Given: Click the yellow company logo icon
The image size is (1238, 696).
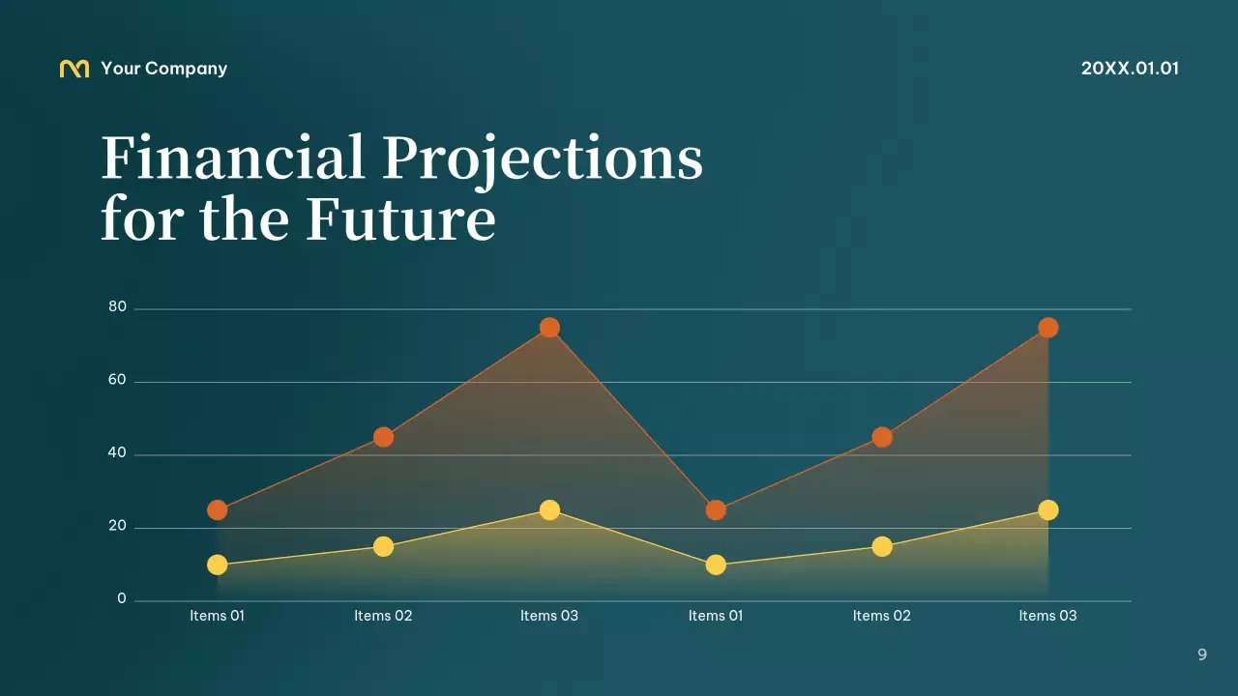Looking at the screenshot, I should (74, 69).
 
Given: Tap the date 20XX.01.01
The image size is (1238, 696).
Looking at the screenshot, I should (1130, 69).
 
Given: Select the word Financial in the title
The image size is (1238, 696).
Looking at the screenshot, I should (233, 158).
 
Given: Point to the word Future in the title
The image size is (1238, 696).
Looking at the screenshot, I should (400, 218).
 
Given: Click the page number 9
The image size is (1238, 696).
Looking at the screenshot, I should (1202, 654).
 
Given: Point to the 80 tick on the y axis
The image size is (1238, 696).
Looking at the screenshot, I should (117, 307).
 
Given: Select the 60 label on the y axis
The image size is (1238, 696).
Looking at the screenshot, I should (117, 380).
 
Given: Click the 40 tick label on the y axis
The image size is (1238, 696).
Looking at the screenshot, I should (117, 453).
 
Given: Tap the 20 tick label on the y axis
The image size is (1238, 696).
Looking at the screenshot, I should (117, 526).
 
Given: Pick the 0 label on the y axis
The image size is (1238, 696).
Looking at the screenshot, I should (122, 599).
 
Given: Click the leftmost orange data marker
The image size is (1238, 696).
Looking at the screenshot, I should (218, 509).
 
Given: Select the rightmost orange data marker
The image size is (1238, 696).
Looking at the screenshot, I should (1047, 328).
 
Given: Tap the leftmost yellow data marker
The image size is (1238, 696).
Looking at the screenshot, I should (218, 565).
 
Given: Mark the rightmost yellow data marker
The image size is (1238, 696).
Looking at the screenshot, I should (1047, 509).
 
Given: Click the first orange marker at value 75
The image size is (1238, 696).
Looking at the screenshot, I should (549, 328).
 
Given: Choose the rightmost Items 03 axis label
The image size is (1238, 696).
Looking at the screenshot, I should (1047, 616).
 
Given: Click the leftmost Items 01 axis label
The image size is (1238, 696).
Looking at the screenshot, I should (217, 616).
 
